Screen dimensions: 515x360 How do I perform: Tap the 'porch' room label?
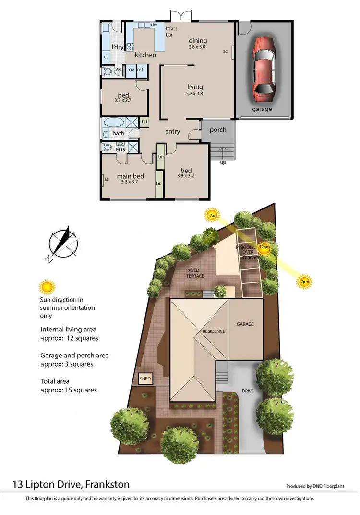point(218,130)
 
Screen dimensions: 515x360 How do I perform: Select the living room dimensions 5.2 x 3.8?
point(195,94)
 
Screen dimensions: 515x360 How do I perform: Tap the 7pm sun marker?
point(303,282)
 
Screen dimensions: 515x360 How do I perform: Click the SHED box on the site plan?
point(145,379)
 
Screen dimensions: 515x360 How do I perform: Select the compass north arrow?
point(63,243)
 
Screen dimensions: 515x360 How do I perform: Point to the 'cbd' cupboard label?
point(143,122)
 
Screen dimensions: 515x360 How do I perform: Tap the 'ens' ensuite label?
point(120,149)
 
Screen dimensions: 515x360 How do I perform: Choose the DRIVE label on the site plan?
point(247,391)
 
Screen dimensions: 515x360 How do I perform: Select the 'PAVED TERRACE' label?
point(195,273)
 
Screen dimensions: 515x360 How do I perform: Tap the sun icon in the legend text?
point(47,287)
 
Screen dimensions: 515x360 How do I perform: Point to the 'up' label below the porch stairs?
point(223,162)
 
